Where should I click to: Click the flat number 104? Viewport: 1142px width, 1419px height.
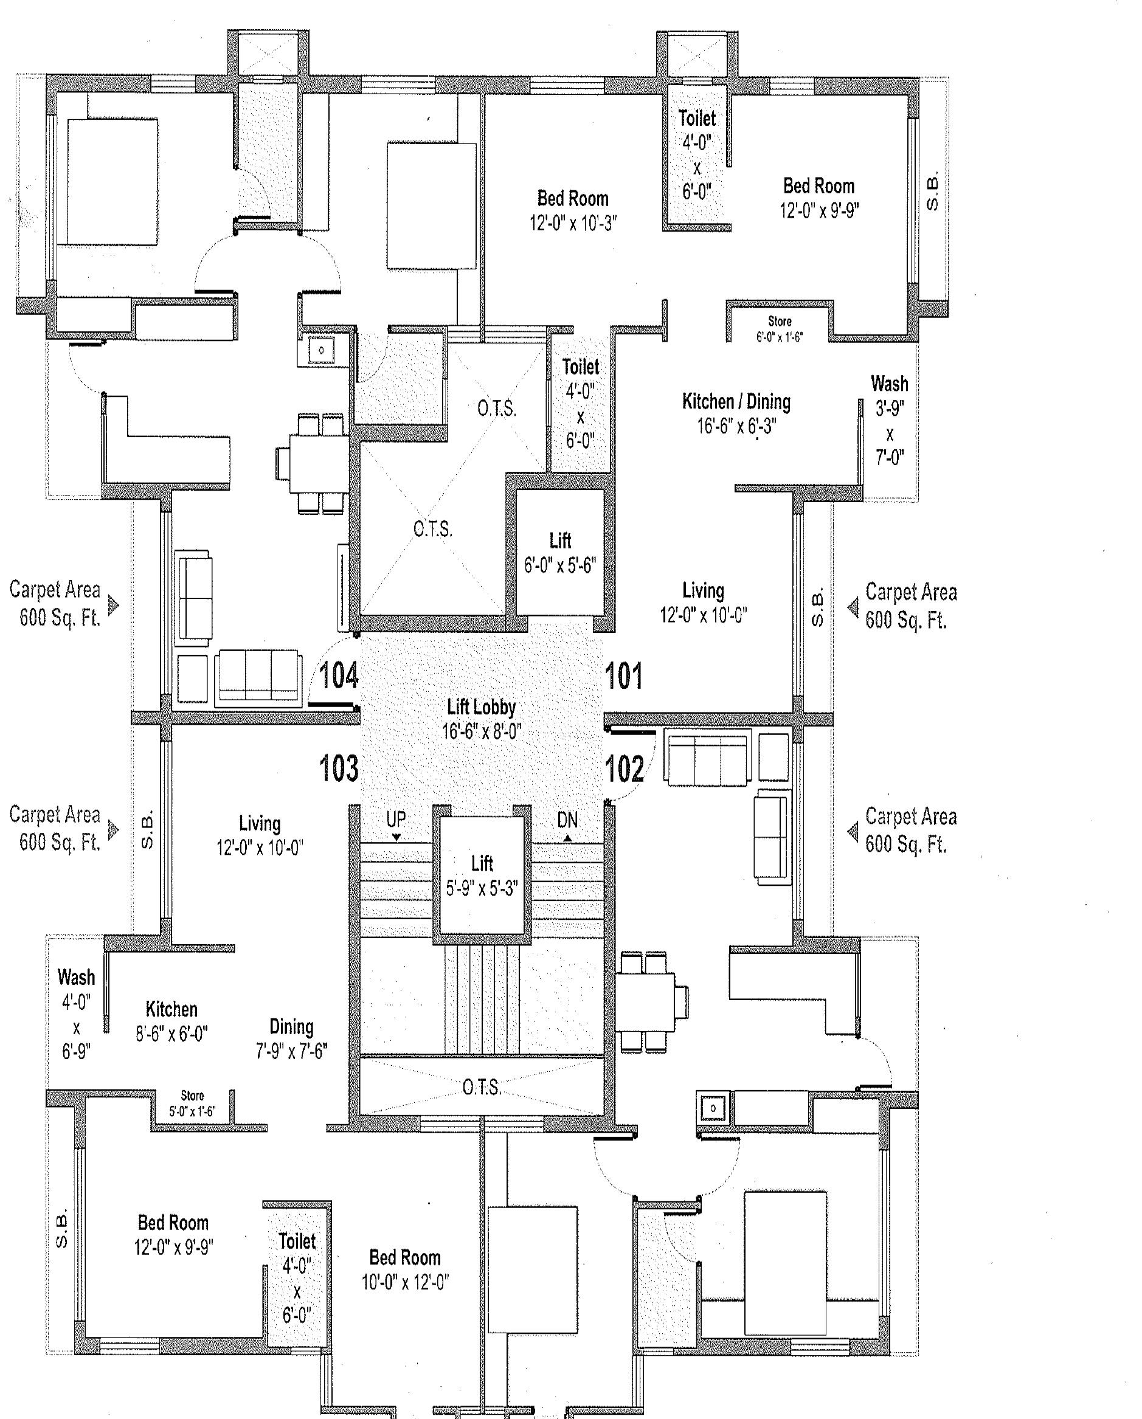(339, 675)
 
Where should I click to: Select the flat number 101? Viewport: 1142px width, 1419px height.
(623, 676)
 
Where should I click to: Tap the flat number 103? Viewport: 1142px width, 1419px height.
(339, 768)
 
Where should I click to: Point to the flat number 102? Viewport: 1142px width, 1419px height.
(624, 768)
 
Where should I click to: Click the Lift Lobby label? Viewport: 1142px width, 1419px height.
(481, 719)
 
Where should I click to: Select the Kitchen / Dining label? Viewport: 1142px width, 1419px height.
(736, 413)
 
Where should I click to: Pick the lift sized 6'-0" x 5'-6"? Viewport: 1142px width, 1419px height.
(560, 552)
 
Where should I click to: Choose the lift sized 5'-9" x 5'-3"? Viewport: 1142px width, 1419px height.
(482, 875)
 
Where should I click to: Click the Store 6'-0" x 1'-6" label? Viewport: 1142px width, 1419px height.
(780, 329)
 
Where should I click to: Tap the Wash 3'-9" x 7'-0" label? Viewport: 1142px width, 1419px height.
(889, 420)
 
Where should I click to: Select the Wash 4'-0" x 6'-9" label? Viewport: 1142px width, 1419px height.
(77, 1013)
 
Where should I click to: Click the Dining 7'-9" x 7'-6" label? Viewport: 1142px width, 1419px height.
(292, 1038)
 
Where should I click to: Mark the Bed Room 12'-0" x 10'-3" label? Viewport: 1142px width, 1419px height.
(573, 210)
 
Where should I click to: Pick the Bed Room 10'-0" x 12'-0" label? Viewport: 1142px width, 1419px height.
(405, 1269)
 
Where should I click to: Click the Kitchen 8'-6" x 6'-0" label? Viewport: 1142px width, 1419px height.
(172, 1021)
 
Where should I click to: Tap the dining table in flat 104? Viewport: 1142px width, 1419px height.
(313, 463)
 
